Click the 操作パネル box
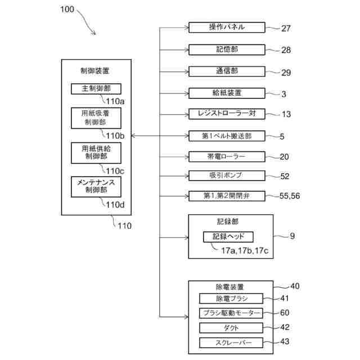click(x=226, y=28)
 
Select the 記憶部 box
click(x=226, y=49)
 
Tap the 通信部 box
click(x=226, y=71)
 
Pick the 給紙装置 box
click(x=226, y=93)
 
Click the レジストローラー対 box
click(x=226, y=114)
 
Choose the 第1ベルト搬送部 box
click(x=226, y=136)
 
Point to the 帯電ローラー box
click(x=226, y=156)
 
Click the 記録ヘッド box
click(x=228, y=236)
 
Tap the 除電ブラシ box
click(x=231, y=299)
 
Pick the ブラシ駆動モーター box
click(x=231, y=313)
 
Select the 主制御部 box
click(x=96, y=89)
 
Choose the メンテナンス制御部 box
click(x=96, y=187)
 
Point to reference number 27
click(x=286, y=28)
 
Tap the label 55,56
click(x=290, y=196)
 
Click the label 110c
click(x=115, y=170)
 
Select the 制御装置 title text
click(x=96, y=71)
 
